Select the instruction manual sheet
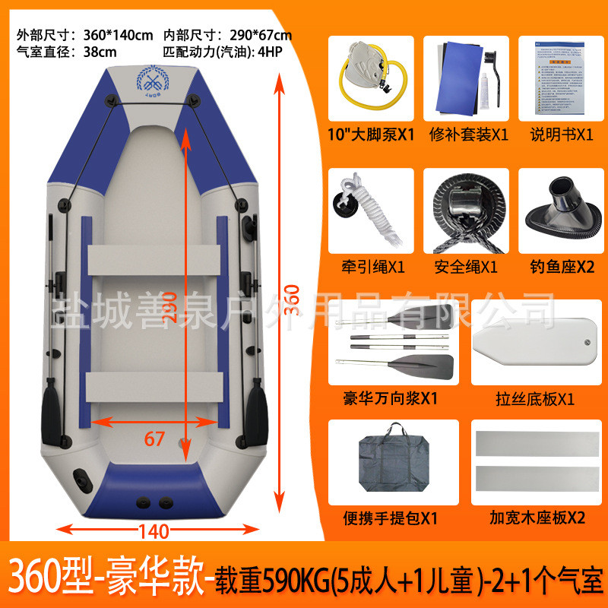556,76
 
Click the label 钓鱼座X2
562,266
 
